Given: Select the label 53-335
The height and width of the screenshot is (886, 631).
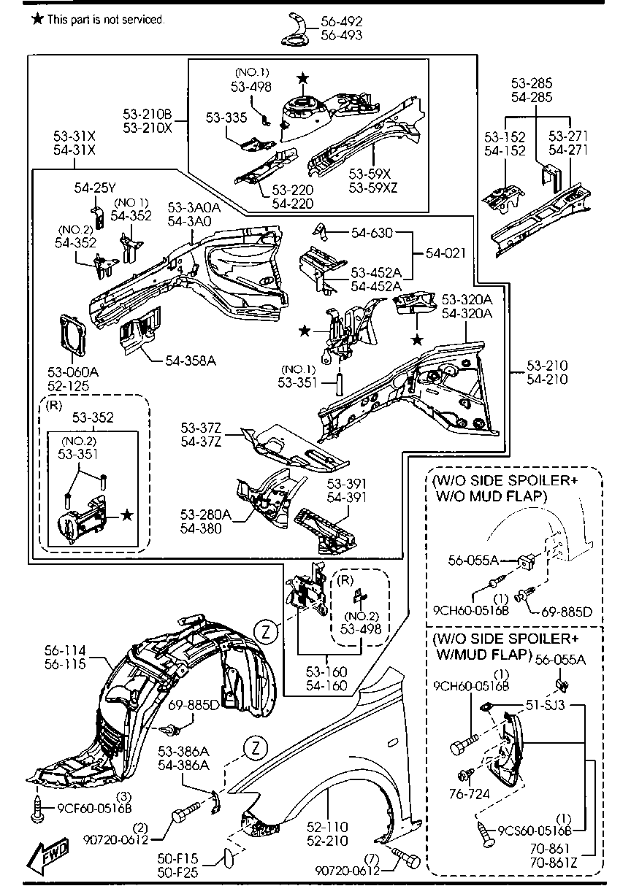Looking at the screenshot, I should (226, 117).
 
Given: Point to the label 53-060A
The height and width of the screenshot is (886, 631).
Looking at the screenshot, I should (73, 371).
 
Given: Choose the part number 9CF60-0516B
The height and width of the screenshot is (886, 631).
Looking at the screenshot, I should (94, 808).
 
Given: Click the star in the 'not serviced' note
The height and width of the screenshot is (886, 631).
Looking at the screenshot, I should (37, 20).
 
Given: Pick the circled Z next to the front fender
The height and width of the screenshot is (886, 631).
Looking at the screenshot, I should (252, 750).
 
